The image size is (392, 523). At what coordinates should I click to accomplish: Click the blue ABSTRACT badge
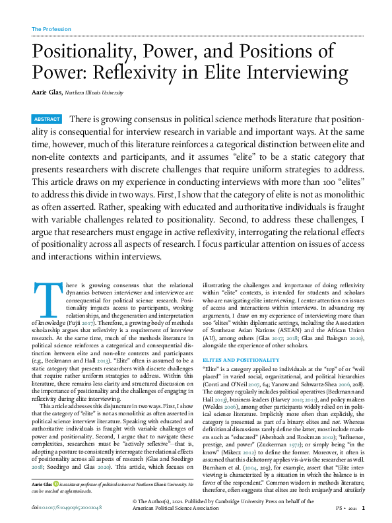click(x=46, y=119)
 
